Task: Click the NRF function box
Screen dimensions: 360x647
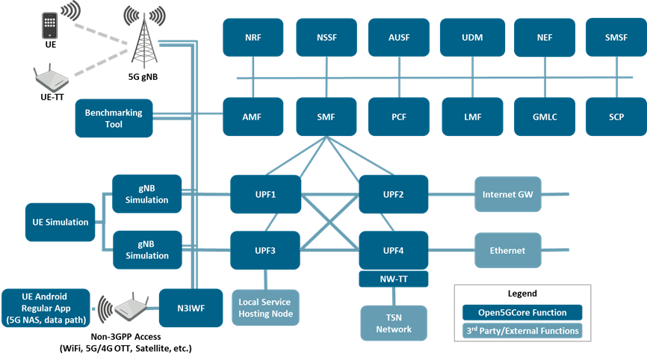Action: [x=253, y=37]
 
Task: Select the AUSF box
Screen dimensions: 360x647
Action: [x=399, y=37]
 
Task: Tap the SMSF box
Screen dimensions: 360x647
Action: [x=616, y=37]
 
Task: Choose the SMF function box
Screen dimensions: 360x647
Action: [x=326, y=117]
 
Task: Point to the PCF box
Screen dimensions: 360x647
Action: [x=399, y=117]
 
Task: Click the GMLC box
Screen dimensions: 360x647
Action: [x=545, y=117]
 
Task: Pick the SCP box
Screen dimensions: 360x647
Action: [x=616, y=117]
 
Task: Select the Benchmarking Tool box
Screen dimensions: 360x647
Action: [x=114, y=118]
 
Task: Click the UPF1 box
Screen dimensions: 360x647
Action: [x=265, y=194]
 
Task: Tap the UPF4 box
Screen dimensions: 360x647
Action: [x=394, y=250]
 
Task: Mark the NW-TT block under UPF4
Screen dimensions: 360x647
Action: [x=394, y=279]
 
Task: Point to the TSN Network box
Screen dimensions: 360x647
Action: [x=394, y=323]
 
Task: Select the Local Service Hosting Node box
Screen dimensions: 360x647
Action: [x=265, y=308]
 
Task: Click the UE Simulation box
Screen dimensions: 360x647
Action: [x=61, y=222]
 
